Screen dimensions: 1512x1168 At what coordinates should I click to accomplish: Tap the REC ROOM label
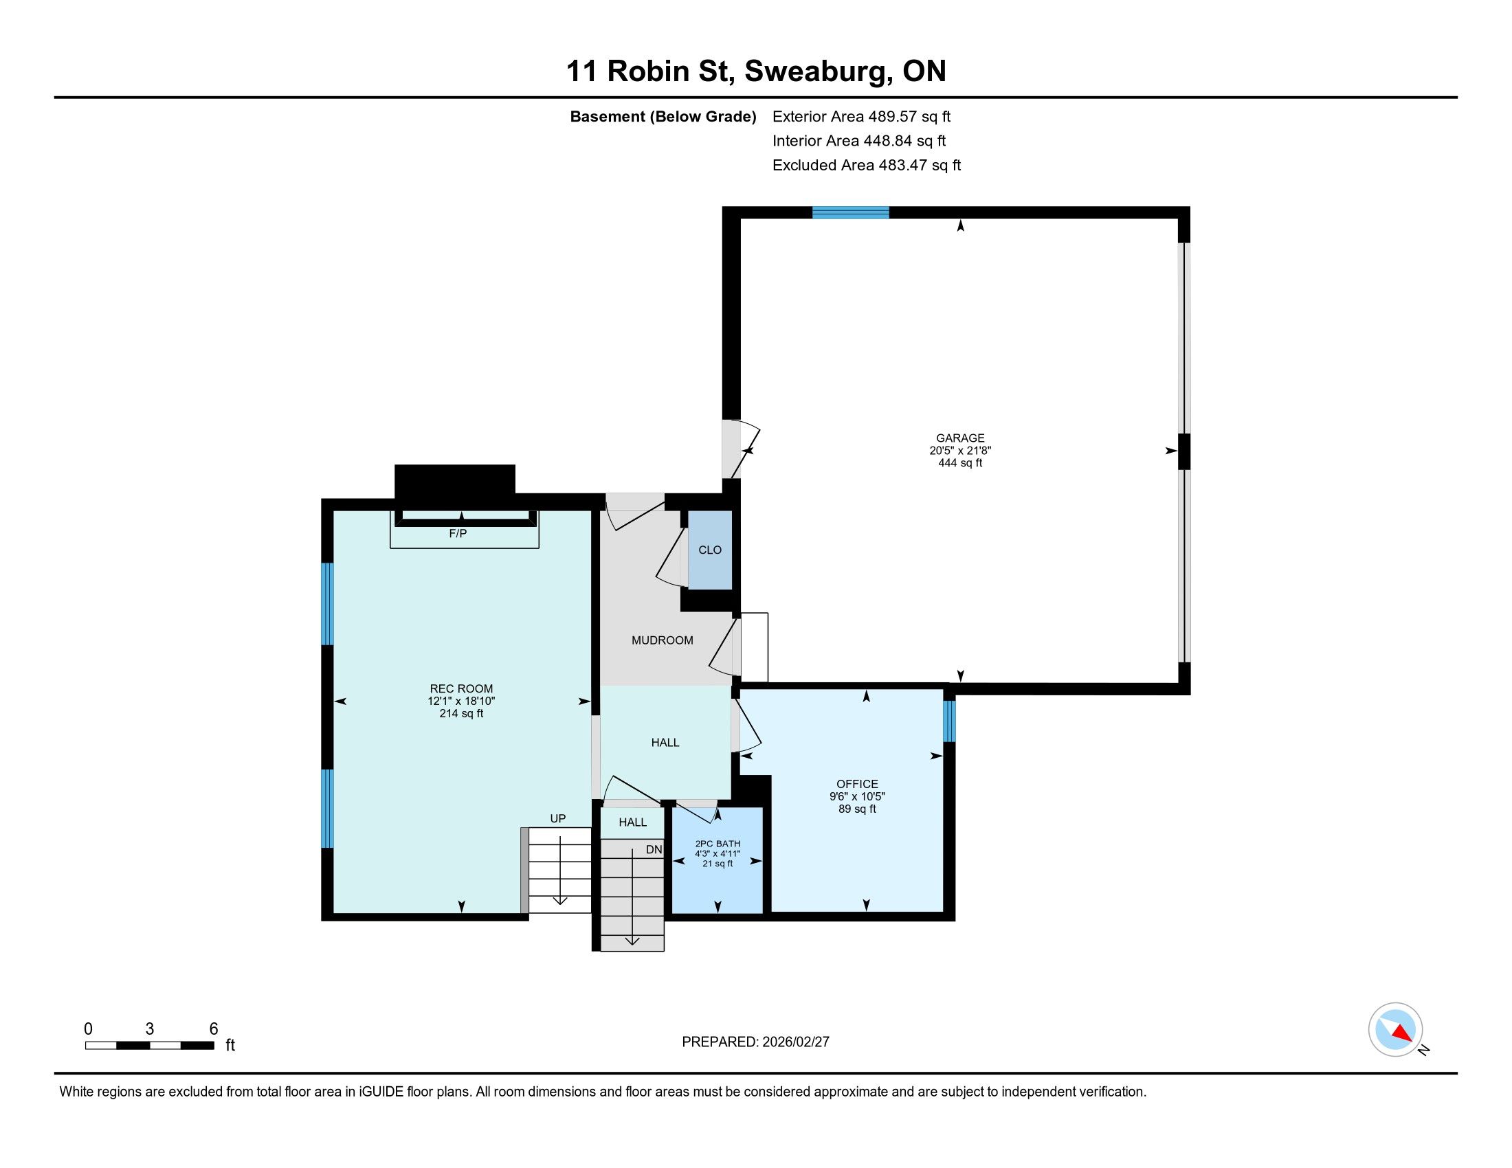click(461, 688)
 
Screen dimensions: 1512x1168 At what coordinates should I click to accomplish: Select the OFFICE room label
click(857, 784)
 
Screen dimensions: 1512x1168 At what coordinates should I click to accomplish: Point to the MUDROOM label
click(662, 641)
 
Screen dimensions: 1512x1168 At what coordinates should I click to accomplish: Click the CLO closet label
click(710, 550)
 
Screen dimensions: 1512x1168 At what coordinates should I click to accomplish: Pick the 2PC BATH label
click(718, 844)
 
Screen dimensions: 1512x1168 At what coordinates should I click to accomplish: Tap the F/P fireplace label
click(458, 534)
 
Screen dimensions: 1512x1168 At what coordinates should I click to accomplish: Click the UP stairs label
click(558, 818)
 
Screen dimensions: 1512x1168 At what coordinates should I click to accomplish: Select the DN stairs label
click(654, 849)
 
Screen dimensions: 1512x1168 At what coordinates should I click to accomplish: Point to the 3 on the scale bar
click(150, 1029)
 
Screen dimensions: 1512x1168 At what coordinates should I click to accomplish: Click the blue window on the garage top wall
click(850, 212)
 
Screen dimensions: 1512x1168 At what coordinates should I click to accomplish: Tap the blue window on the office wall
click(949, 721)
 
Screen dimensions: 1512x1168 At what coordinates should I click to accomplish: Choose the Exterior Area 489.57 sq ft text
click(861, 116)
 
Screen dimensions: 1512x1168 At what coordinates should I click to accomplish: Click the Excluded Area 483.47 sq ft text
click(867, 165)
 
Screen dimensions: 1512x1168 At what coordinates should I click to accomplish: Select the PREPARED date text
click(755, 1042)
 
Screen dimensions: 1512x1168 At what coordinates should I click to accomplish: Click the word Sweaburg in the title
click(819, 71)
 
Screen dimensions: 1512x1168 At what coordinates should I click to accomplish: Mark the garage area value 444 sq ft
click(959, 463)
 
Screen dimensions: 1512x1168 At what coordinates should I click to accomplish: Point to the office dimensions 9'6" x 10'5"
click(857, 796)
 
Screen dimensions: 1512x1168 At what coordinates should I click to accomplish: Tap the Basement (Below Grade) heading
click(663, 116)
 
